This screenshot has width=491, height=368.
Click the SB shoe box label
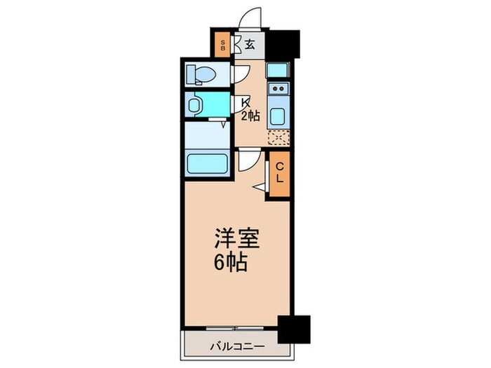(223, 45)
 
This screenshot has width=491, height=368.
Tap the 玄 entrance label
(250, 45)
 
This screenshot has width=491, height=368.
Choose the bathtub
(208, 164)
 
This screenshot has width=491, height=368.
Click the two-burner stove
(278, 88)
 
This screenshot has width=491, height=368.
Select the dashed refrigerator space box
(278, 137)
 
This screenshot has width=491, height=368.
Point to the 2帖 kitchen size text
(250, 116)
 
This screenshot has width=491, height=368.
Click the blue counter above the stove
(278, 69)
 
